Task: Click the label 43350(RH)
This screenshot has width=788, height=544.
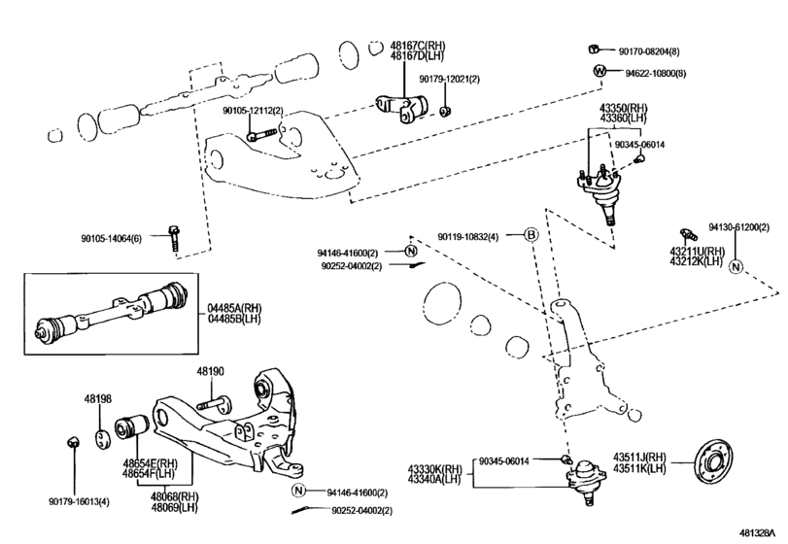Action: (x=624, y=108)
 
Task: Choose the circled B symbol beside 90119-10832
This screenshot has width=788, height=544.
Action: (x=531, y=235)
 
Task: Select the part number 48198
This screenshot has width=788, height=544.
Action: (x=97, y=398)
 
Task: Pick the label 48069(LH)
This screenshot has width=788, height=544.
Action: (x=174, y=506)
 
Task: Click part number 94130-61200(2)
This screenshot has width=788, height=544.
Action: (x=737, y=226)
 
